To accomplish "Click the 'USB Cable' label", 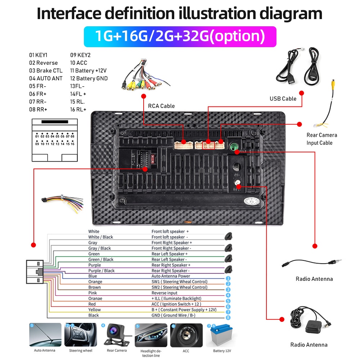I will tap(283, 99).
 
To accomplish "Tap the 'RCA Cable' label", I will tap(161, 106).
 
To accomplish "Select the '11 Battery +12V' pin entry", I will tap(88, 71).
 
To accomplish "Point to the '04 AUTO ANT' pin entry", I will tap(46, 78).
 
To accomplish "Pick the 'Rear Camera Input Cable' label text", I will tap(322, 139).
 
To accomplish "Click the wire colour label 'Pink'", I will tap(93, 293).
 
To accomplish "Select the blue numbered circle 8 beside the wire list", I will tap(228, 318).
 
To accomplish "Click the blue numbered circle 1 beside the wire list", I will tap(228, 278).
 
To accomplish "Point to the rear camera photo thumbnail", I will tap(116, 335).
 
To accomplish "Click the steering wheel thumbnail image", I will tap(80, 335).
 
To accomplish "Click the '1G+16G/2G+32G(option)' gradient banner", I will tap(180, 36).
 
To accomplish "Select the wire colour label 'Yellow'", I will tap(95, 310).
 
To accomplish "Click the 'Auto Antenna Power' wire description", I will tap(171, 276).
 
